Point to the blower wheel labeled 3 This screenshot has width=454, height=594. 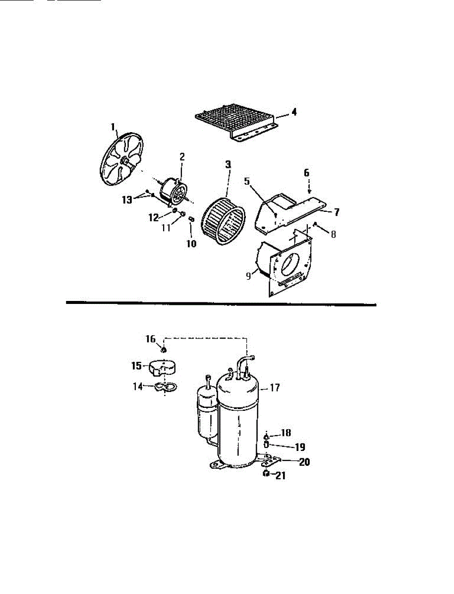pyautogui.click(x=223, y=220)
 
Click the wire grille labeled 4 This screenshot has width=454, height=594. pyautogui.click(x=233, y=121)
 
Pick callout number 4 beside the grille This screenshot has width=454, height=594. pyautogui.click(x=294, y=112)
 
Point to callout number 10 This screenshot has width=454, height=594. pyautogui.click(x=191, y=244)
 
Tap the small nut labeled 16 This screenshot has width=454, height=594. pyautogui.click(x=164, y=350)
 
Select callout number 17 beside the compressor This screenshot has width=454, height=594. pyautogui.click(x=276, y=389)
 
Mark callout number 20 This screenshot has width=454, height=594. pyautogui.click(x=304, y=462)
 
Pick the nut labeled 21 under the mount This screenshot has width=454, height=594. pyautogui.click(x=266, y=474)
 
